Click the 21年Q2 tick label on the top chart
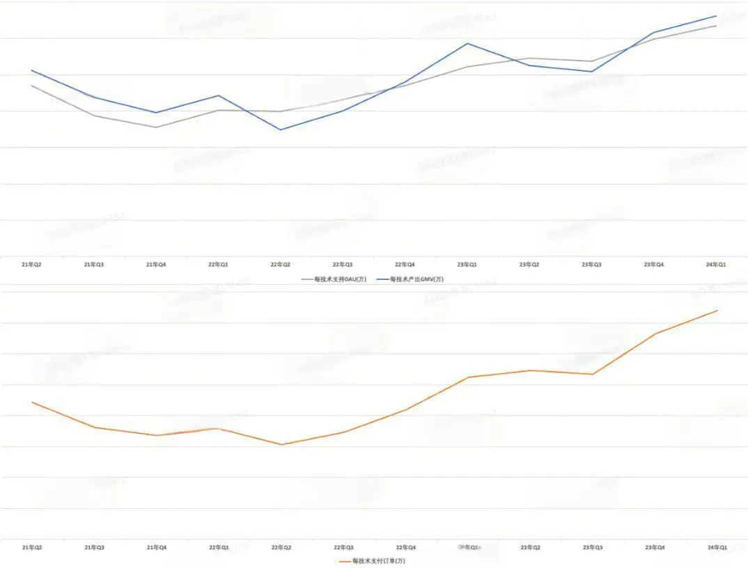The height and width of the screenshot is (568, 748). (32, 265)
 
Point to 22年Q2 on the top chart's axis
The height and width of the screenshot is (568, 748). (281, 265)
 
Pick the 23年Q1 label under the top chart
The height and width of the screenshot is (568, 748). (467, 265)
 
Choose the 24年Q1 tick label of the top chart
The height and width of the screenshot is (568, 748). (716, 265)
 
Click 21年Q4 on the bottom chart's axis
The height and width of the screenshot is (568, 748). (157, 548)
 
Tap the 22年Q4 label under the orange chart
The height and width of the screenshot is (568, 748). (405, 548)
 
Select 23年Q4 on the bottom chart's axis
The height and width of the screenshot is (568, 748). (654, 548)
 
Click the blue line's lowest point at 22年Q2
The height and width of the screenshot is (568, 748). (281, 129)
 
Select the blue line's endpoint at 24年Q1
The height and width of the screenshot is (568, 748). (717, 16)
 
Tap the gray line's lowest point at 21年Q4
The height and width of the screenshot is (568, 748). (157, 127)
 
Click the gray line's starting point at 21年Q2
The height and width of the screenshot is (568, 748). (32, 86)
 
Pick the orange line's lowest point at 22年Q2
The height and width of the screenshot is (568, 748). (281, 445)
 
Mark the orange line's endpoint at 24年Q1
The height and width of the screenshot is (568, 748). (717, 310)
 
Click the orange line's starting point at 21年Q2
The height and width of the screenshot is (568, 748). (32, 402)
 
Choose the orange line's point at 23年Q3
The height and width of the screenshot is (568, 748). (593, 374)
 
